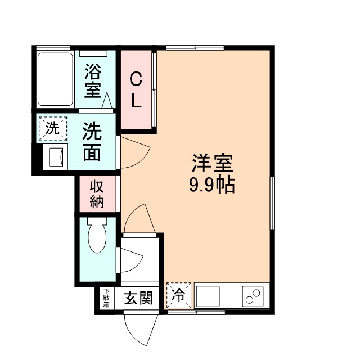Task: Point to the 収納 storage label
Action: [97, 193]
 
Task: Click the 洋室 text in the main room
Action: [212, 164]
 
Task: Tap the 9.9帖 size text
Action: [212, 184]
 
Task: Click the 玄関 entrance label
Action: [138, 298]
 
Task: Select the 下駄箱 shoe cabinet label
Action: [106, 298]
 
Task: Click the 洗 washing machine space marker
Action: [52, 128]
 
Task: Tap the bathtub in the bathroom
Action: [55, 79]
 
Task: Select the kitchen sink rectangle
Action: [209, 295]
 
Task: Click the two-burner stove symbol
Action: [253, 296]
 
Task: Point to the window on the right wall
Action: [272, 202]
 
